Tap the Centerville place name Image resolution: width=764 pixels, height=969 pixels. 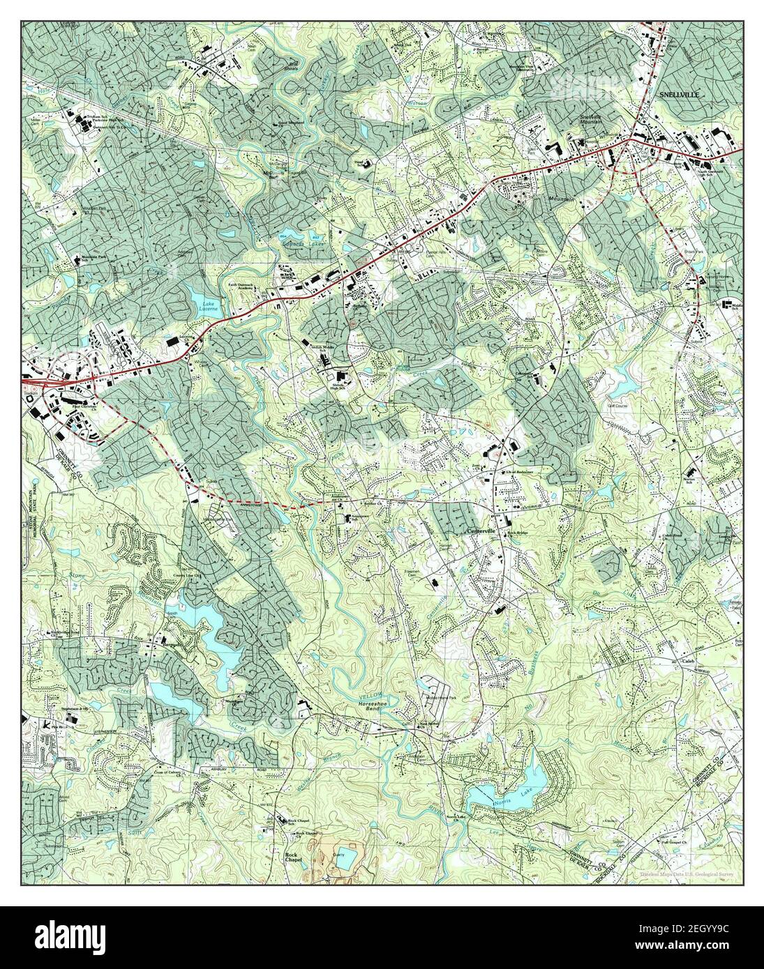click(x=480, y=532)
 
